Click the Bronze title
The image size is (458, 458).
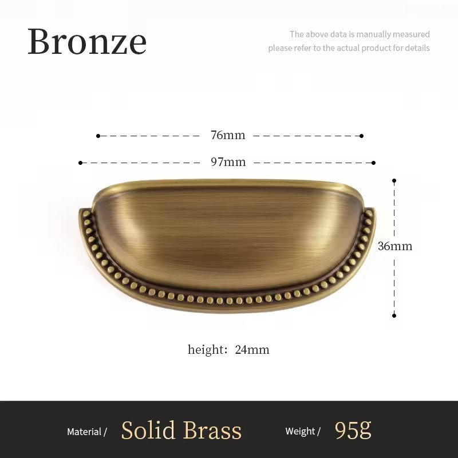coord(87,41)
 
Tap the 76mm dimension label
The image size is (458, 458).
coord(228,135)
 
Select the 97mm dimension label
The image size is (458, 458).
coord(228,162)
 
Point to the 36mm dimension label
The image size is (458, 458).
coord(395,246)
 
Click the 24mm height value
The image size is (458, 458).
coord(252,349)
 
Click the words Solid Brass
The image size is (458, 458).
coord(181,431)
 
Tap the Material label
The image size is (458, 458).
coord(84,432)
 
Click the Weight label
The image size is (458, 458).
coord(300,432)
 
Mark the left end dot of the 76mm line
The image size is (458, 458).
coord(98,136)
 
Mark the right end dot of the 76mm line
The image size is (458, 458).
coord(362,136)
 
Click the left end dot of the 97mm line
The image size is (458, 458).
coord(81,163)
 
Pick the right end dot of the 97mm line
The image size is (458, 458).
coord(374,163)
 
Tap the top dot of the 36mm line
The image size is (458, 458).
coord(394,181)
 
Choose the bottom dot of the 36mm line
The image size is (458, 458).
coord(394,315)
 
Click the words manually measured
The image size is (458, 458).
coord(393,34)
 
